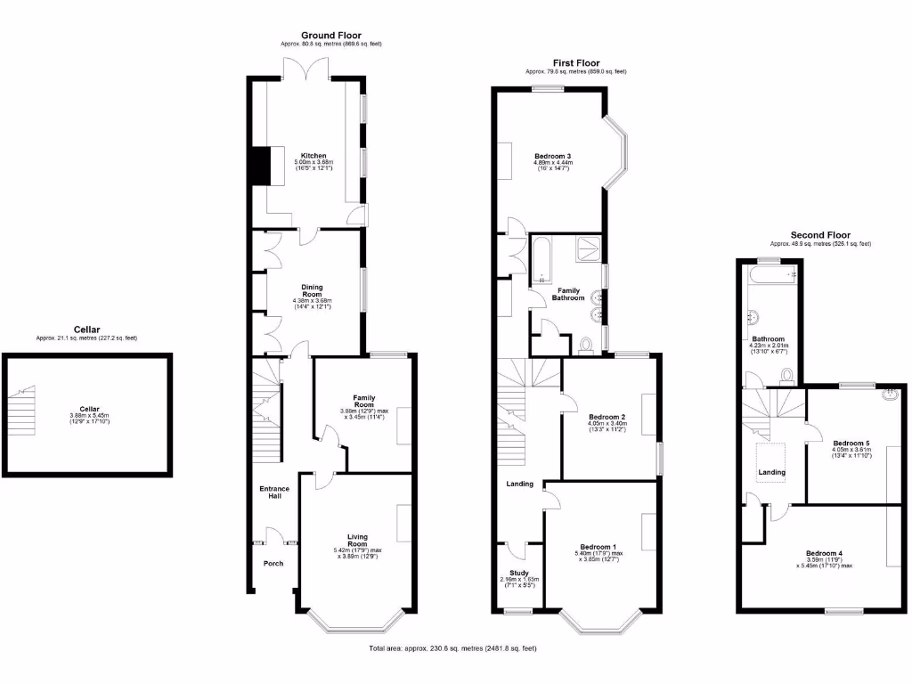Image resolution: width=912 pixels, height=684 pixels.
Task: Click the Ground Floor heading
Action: [330, 36]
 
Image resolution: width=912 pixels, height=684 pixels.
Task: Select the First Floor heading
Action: [575, 62]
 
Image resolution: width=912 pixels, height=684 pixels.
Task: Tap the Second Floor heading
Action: [820, 235]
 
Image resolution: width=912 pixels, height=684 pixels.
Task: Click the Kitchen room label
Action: [313, 155]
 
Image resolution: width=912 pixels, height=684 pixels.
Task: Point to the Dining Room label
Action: [312, 290]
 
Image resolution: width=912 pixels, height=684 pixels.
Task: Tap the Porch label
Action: [273, 563]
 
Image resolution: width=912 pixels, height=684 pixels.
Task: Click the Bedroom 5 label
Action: [851, 443]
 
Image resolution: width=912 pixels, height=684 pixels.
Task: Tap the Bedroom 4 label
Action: [824, 552]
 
